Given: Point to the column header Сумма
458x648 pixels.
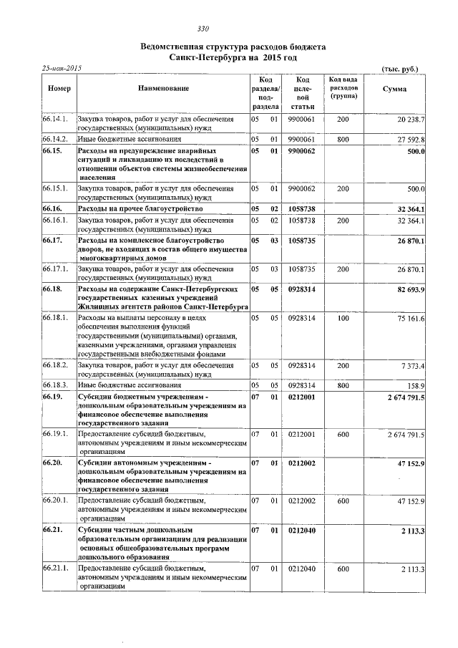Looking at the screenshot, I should (394, 89).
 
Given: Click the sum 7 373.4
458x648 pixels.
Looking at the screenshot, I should (411, 366).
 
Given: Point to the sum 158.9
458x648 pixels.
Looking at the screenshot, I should (415, 385).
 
